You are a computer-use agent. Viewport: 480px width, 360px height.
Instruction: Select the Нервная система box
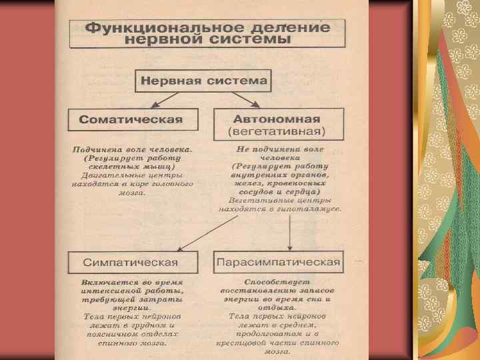pyautogui.click(x=204, y=83)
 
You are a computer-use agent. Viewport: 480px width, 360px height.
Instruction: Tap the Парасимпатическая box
pyautogui.click(x=277, y=261)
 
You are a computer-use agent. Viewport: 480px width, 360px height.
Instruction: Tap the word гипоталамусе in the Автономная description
pyautogui.click(x=310, y=209)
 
